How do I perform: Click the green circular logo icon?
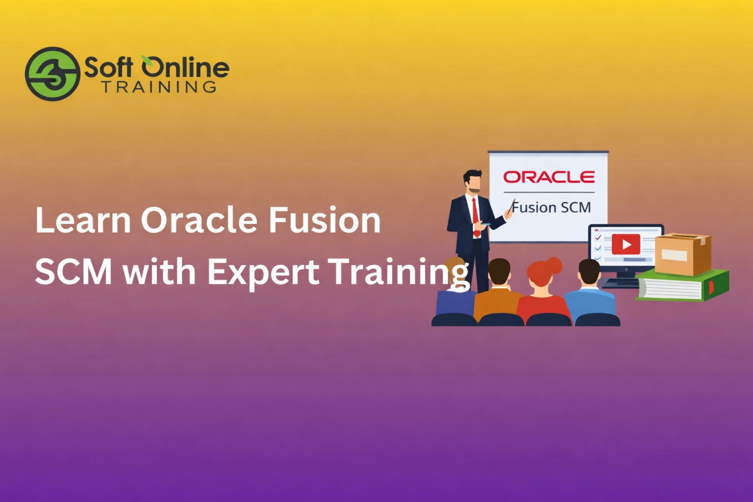point(53,74)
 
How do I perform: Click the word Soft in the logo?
point(108,67)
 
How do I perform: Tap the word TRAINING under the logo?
point(159,87)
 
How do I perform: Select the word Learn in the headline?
point(83,220)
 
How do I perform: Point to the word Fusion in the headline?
point(324,220)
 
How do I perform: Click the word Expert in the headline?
point(263,271)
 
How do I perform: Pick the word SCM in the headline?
point(73,271)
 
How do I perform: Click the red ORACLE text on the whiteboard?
point(549,177)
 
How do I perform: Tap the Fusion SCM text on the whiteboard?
point(551,207)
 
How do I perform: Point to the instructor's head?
point(473,181)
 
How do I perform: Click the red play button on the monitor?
point(626,244)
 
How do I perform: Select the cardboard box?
point(682,254)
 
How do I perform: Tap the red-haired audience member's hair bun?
point(554,265)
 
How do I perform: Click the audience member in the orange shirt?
point(497,300)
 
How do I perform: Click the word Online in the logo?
point(185,67)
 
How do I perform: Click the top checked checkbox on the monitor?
point(598,238)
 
